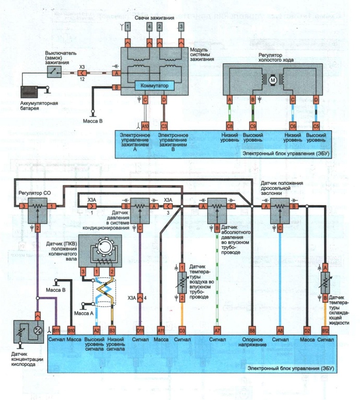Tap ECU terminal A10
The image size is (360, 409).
point(145,125)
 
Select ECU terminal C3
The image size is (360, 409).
point(164,125)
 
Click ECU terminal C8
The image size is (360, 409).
point(230,125)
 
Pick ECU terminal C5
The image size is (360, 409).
point(316,125)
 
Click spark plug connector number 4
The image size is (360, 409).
point(150,27)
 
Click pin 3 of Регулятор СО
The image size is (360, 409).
point(21,206)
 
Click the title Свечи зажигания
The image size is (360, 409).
point(155,17)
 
